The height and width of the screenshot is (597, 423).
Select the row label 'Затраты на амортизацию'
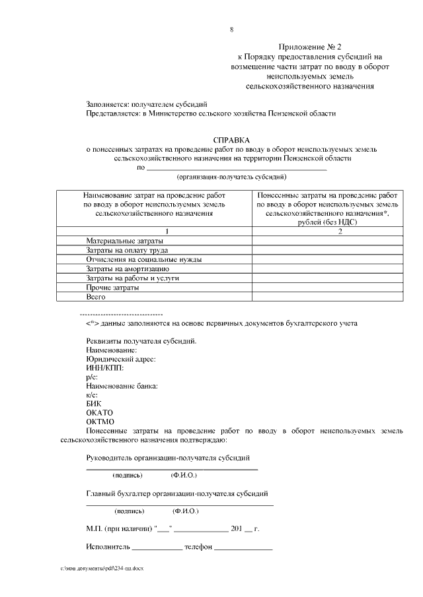tap(128, 269)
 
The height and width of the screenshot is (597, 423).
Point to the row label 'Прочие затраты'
tap(112, 288)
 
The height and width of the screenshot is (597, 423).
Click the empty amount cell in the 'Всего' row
tap(326, 298)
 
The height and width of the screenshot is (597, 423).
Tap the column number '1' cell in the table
tap(167, 232)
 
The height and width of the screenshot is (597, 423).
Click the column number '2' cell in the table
tap(339, 232)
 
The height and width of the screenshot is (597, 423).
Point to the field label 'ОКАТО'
tap(100, 412)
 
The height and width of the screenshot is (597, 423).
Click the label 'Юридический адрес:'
tap(121, 359)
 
